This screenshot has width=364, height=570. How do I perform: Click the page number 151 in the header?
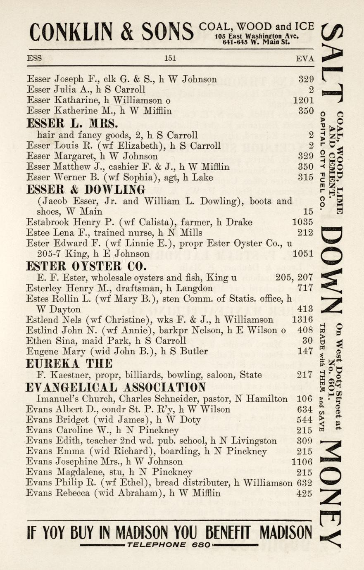coord(170,58)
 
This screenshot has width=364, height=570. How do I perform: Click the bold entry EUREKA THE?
coord(69,363)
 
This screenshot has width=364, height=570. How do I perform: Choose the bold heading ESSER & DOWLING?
coord(86,190)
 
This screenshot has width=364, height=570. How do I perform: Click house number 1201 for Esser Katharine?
coord(303,100)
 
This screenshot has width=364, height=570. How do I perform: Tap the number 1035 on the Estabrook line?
coord(302,222)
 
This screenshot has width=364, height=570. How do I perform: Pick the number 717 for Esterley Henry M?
coord(305,288)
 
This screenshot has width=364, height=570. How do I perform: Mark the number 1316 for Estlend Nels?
coord(302,319)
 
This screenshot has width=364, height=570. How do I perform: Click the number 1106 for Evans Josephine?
coord(302,462)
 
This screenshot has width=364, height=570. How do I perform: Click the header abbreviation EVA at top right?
coord(305,58)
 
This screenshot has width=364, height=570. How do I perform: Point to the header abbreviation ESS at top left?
coord(34,58)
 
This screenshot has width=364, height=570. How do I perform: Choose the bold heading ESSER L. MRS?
coord(72,123)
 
